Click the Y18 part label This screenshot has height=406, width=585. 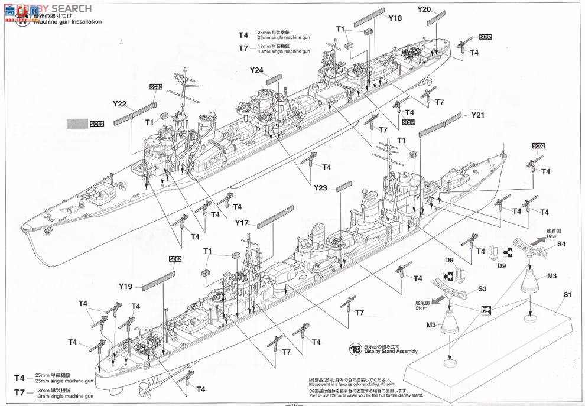pyautogui.click(x=395, y=18)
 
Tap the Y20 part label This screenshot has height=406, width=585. pyautogui.click(x=424, y=9)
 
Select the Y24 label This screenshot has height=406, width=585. pyautogui.click(x=256, y=70)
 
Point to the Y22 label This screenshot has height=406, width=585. pyautogui.click(x=120, y=104)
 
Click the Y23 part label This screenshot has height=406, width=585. pyautogui.click(x=321, y=189)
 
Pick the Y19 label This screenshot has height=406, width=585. pyautogui.click(x=125, y=287)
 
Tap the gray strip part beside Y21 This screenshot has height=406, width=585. pyautogui.click(x=440, y=125)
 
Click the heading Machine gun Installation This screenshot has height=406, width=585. pyautogui.click(x=68, y=22)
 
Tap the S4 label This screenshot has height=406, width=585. pyautogui.click(x=561, y=243)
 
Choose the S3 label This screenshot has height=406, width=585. pyautogui.click(x=482, y=288)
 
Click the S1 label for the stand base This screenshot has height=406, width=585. pyautogui.click(x=567, y=294)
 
